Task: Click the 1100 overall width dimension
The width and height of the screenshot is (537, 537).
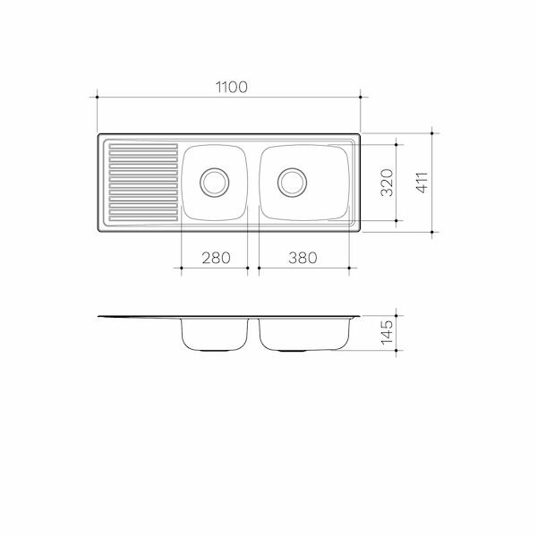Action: [228, 86]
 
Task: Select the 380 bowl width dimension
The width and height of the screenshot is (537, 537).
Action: [303, 258]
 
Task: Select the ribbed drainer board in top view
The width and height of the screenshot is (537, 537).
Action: [141, 182]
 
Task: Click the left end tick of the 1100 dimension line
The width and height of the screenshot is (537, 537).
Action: [97, 98]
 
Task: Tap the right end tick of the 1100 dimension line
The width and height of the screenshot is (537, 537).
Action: [360, 98]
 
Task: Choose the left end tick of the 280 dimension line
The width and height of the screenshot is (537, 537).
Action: [182, 268]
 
